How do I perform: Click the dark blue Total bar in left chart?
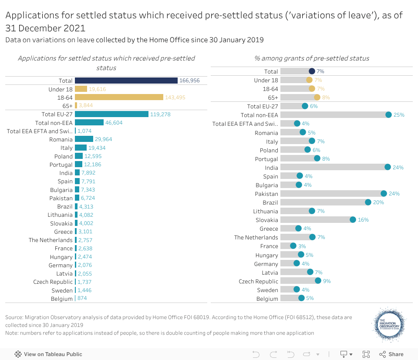pos(126,81)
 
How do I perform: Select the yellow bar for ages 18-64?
pos(119,97)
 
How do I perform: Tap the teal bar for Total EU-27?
pos(111,114)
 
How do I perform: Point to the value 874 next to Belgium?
pos(82,299)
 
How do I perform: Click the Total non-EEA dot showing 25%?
pos(388,114)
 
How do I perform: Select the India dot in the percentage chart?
pos(388,167)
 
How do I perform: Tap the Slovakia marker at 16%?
pos(353,220)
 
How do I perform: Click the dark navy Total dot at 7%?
pos(312,71)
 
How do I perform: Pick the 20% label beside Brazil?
pos(378,202)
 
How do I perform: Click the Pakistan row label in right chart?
pos(266,194)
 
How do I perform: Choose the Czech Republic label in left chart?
pos(53,282)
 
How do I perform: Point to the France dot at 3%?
pos(293,246)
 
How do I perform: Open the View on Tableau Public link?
pos(48,354)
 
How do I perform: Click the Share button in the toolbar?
pos(391,354)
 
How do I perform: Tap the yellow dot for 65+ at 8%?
pos(317,98)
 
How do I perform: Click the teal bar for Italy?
pos(81,148)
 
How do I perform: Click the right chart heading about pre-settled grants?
pos(312,58)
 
